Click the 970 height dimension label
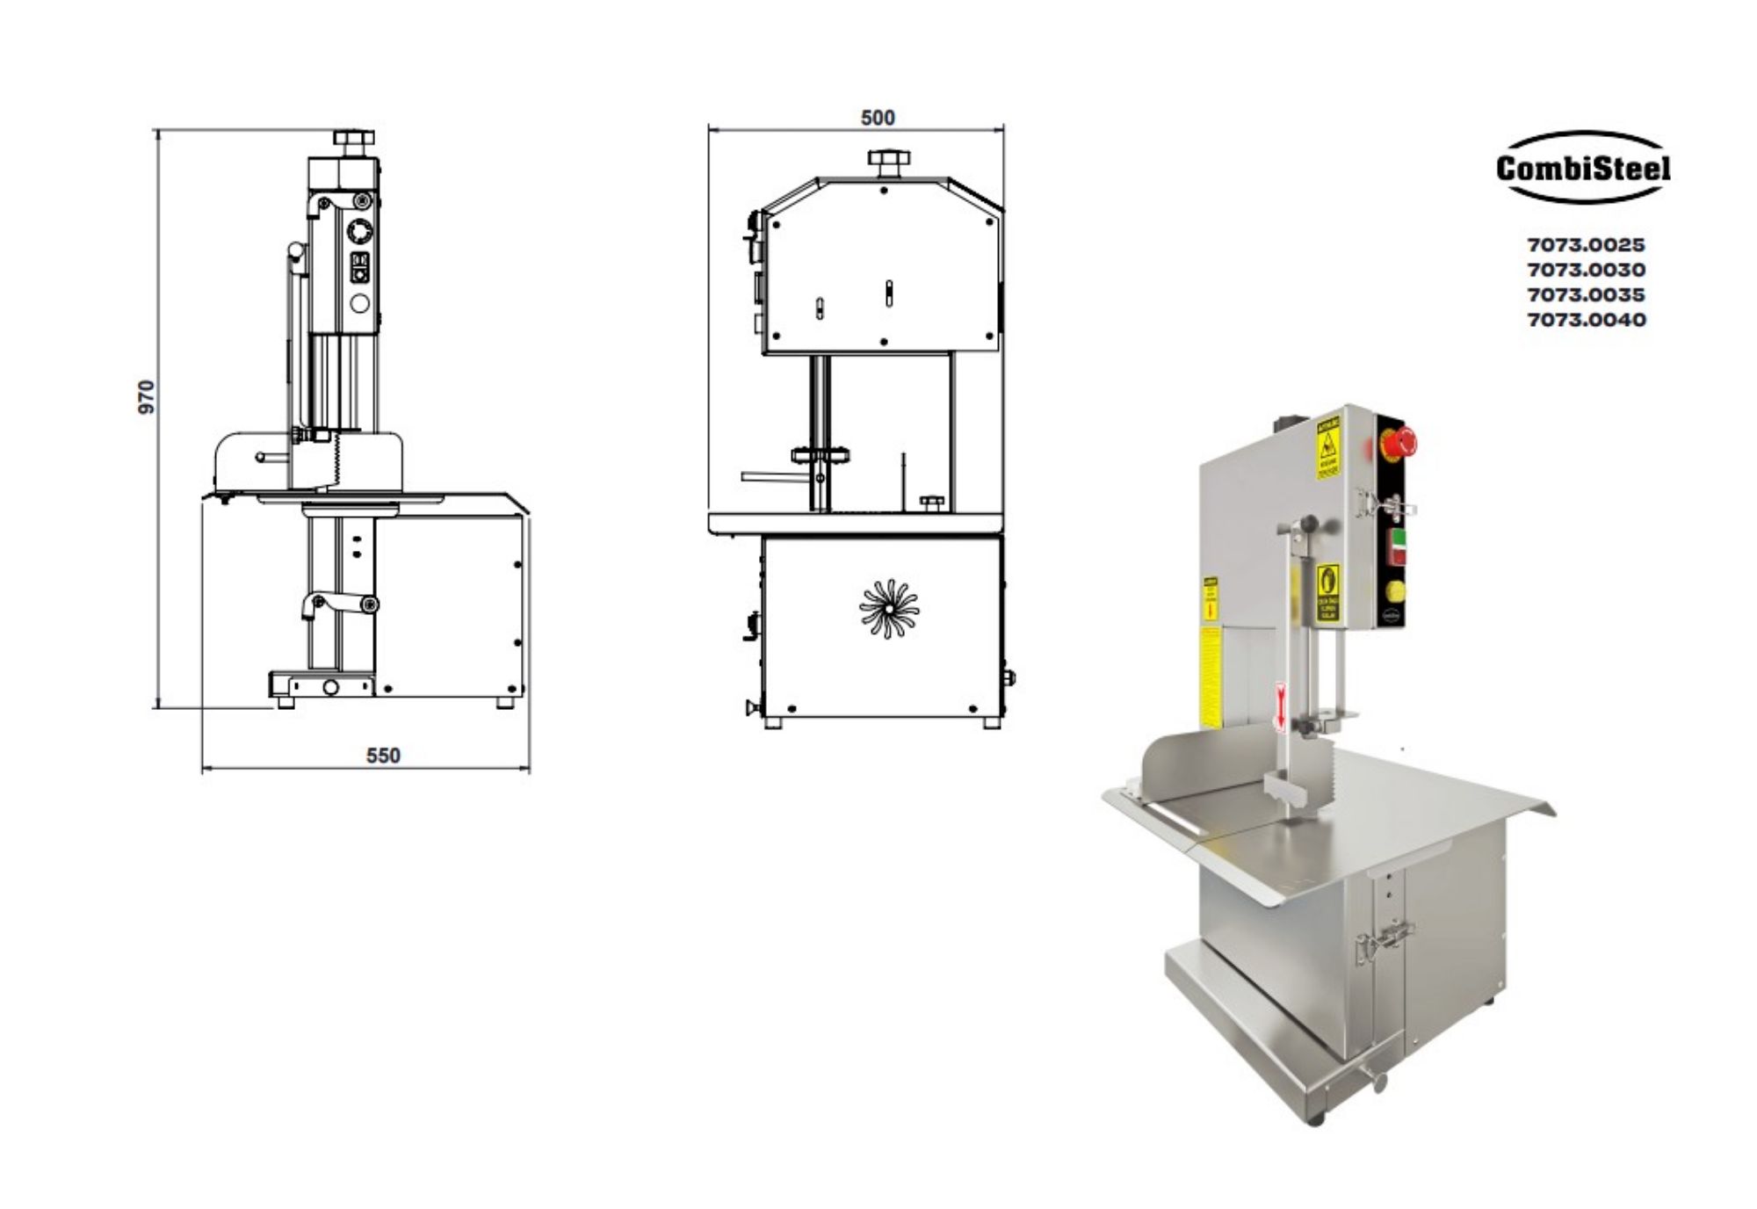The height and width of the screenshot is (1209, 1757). click(147, 397)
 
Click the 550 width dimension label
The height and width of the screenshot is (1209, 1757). click(383, 756)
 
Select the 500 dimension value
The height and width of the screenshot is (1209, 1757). click(877, 118)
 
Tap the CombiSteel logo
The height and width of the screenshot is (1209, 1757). click(1583, 168)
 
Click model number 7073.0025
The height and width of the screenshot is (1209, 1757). click(1586, 245)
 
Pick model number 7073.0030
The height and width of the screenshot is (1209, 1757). click(1586, 270)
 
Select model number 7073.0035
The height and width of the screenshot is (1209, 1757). click(1586, 294)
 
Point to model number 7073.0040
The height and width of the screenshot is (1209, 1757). click(1586, 320)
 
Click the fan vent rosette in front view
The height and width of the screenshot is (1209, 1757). click(889, 608)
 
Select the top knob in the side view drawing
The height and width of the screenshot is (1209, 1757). click(354, 140)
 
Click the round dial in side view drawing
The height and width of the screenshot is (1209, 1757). click(360, 231)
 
